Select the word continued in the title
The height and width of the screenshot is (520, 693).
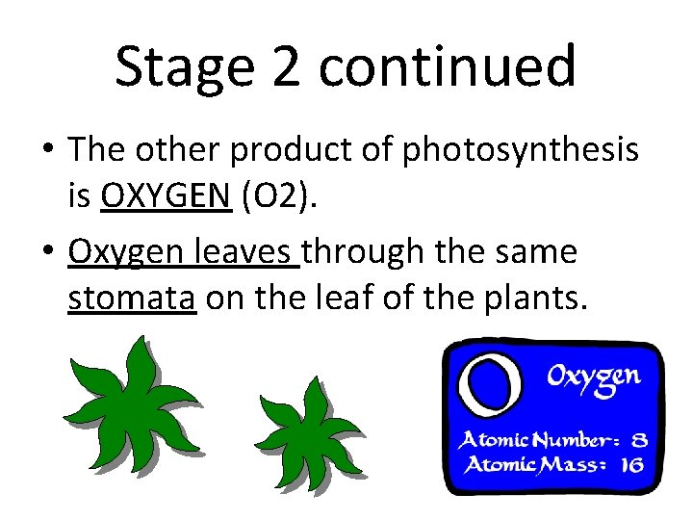pyautogui.click(x=448, y=67)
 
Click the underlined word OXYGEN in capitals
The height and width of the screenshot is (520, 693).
pyautogui.click(x=166, y=197)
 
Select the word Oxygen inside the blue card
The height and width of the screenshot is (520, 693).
pyautogui.click(x=593, y=377)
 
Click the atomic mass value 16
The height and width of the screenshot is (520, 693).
pyautogui.click(x=632, y=466)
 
